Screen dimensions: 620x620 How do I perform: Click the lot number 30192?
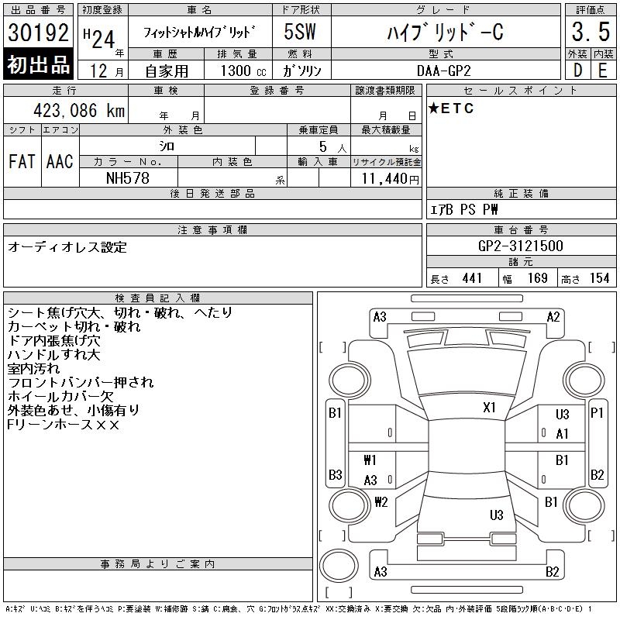click(x=38, y=32)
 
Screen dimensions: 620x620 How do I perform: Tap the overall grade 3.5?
click(x=591, y=32)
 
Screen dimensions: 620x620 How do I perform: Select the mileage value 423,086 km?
click(x=79, y=110)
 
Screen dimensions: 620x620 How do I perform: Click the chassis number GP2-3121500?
click(x=520, y=246)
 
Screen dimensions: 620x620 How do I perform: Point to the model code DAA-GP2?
click(x=443, y=71)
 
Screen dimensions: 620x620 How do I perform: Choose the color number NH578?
click(x=128, y=178)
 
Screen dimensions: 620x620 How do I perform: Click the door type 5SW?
click(x=300, y=32)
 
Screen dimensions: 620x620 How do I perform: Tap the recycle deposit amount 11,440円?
click(x=391, y=178)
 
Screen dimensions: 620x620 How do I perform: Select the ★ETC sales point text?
click(x=451, y=108)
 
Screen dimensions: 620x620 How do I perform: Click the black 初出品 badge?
click(x=38, y=64)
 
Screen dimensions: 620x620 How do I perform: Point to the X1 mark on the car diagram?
click(x=489, y=408)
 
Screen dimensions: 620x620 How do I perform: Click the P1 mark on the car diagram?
click(x=597, y=413)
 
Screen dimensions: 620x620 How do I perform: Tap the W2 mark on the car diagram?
click(x=381, y=501)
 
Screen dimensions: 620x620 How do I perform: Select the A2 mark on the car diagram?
click(x=553, y=317)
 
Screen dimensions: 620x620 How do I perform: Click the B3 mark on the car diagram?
click(x=336, y=474)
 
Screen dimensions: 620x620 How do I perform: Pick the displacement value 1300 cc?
click(x=243, y=71)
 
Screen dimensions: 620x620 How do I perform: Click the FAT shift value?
click(x=22, y=161)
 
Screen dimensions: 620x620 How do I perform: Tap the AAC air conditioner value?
click(x=60, y=161)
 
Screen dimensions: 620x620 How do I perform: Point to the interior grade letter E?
click(x=603, y=71)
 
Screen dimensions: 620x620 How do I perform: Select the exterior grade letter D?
click(x=577, y=71)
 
